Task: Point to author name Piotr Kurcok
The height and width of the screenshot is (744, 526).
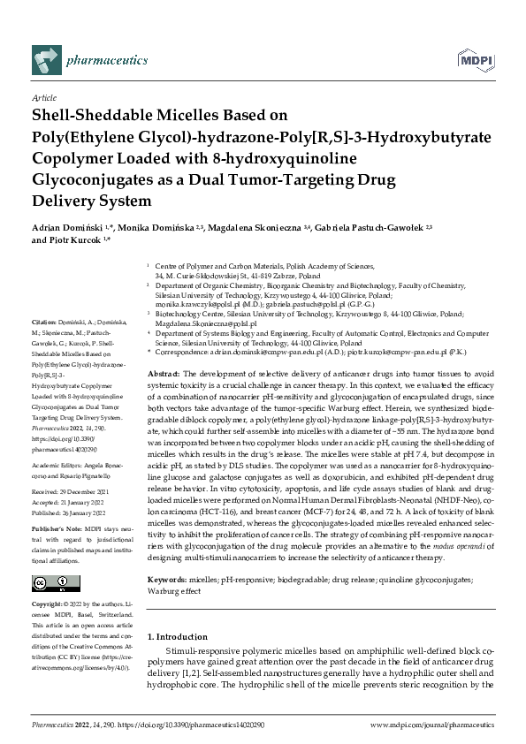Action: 74,240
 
